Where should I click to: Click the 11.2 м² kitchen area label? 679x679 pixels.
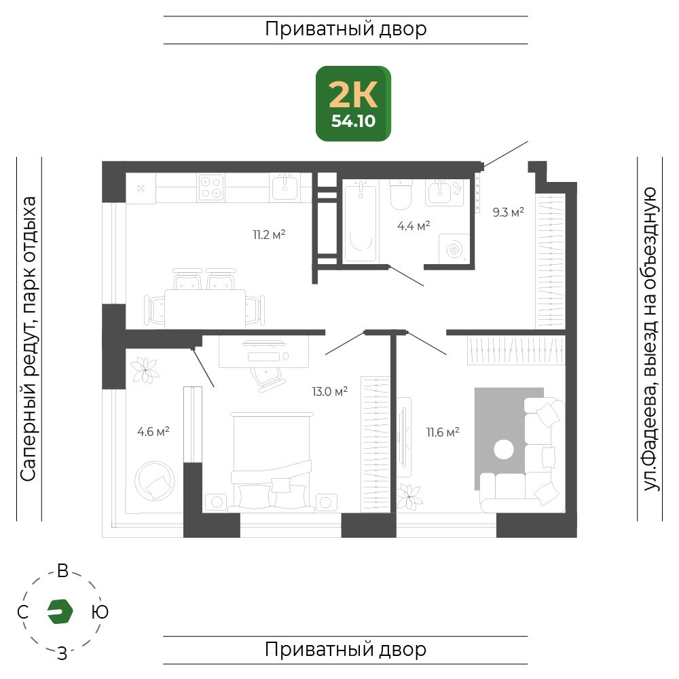[x=268, y=236]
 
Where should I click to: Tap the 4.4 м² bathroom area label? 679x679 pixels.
[x=414, y=225]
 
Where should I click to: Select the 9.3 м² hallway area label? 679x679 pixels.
[x=508, y=213]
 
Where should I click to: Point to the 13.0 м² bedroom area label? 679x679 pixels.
[x=330, y=391]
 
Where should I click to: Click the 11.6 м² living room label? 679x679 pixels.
[x=443, y=432]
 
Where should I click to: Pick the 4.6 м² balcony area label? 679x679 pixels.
[x=153, y=431]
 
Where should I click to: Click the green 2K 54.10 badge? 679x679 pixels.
[x=353, y=103]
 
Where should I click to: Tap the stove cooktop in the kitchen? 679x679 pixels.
[x=211, y=187]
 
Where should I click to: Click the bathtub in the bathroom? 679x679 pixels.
[x=360, y=221]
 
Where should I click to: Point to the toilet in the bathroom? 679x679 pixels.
[x=401, y=196]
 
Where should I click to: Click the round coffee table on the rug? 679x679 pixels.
[x=504, y=449]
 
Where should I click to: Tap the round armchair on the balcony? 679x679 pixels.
[x=155, y=481]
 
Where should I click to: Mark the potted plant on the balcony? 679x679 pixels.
[x=145, y=371]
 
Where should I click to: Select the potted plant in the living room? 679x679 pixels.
[x=409, y=496]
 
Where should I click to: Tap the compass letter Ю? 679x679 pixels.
[x=99, y=612]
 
